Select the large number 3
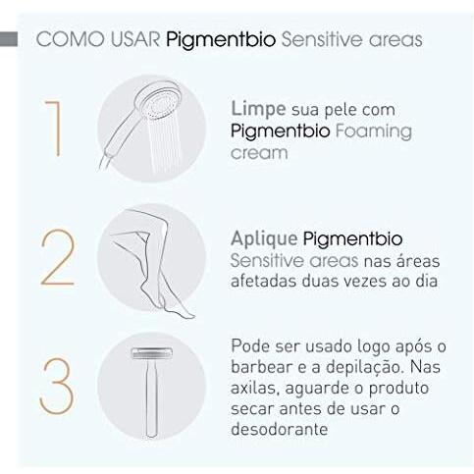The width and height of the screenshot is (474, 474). pyautogui.click(x=56, y=386)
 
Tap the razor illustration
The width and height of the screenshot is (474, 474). pyautogui.click(x=152, y=386)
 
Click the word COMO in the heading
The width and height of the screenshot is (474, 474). pyautogui.click(x=65, y=40)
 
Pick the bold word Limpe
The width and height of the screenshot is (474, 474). pyautogui.click(x=258, y=107)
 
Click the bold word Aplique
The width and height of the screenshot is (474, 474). pyautogui.click(x=266, y=238)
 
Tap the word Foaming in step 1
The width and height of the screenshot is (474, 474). pyautogui.click(x=368, y=130)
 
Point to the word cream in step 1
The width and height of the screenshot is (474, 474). pyautogui.click(x=259, y=153)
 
